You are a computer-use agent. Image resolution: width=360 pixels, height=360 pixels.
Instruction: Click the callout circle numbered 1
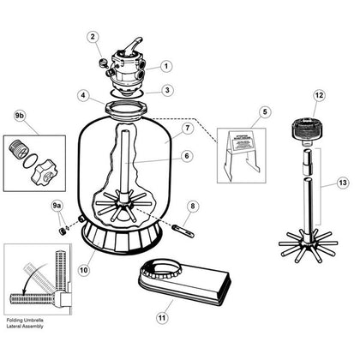(168, 65)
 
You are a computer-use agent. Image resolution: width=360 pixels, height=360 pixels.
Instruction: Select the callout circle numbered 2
(94, 37)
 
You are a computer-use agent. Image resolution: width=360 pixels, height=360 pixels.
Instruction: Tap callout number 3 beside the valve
(169, 89)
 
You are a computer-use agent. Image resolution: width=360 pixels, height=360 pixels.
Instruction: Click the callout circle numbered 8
(192, 207)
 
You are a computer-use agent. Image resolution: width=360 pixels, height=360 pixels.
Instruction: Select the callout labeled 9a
(57, 207)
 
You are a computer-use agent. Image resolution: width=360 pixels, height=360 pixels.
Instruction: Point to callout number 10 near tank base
(85, 267)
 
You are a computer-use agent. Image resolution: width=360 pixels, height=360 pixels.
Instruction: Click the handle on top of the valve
(134, 45)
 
